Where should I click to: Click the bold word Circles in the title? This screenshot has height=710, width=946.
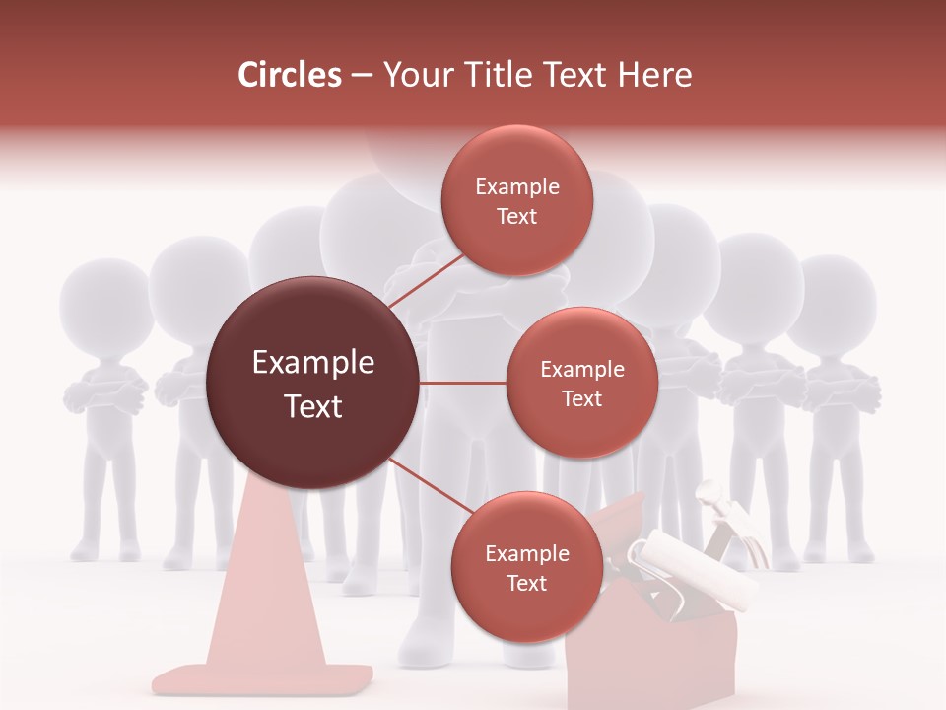[289, 75]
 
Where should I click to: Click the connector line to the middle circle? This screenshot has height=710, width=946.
[463, 383]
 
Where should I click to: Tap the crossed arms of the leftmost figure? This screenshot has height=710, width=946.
[104, 394]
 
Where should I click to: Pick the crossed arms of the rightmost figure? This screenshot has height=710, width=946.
[840, 390]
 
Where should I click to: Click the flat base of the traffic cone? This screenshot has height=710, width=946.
[262, 679]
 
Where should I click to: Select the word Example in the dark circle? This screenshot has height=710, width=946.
[313, 363]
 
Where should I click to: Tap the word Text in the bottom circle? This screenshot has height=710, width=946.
[526, 583]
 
